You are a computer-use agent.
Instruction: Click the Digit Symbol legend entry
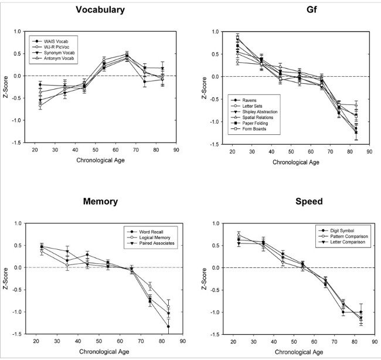click(338, 229)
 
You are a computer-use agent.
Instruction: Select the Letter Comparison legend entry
click(342, 241)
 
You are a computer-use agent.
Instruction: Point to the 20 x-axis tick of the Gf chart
click(232, 150)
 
